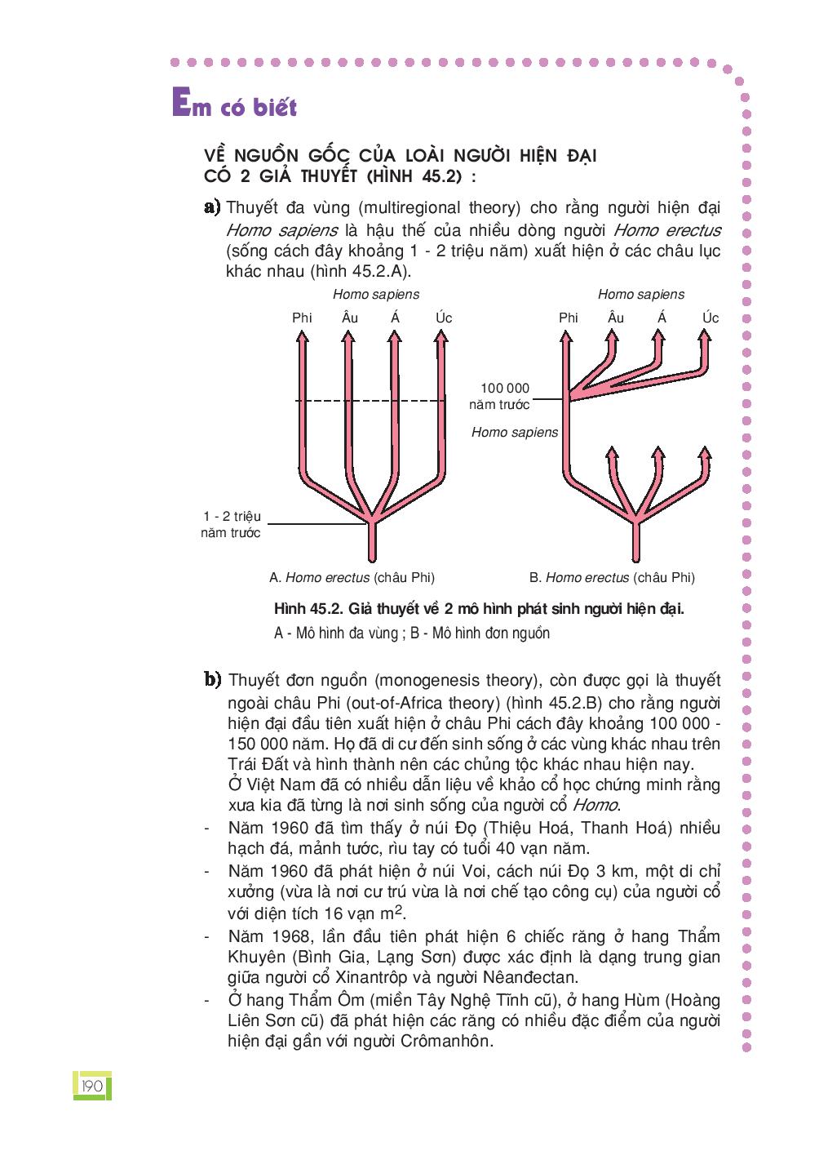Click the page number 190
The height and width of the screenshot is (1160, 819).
point(92,1086)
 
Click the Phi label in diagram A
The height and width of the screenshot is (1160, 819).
point(302,318)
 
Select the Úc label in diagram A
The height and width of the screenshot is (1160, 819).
point(444,317)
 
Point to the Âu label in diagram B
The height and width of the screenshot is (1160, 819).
point(616,317)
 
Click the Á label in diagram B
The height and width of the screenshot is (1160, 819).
point(662,317)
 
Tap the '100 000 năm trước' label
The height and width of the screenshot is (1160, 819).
point(501,396)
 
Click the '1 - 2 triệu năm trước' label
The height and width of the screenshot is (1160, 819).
point(231,524)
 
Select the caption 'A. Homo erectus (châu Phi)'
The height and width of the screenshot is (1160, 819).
point(352,577)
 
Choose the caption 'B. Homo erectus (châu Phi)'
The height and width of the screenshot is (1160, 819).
point(612,577)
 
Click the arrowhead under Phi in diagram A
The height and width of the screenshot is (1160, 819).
point(302,340)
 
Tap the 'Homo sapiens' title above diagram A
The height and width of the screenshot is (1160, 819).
point(376,294)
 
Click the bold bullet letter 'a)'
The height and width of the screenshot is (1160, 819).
point(212,207)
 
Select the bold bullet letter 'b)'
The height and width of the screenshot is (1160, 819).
point(213,679)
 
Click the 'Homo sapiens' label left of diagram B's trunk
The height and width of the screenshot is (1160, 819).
point(515,432)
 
